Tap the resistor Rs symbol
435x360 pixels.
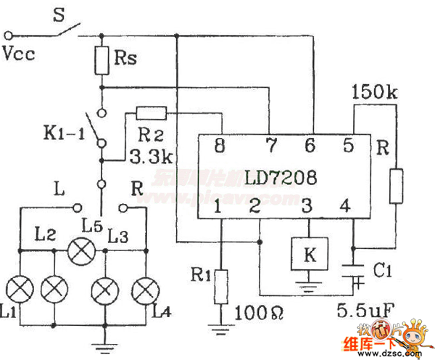click(x=102, y=62)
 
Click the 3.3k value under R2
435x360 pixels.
click(x=147, y=156)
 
